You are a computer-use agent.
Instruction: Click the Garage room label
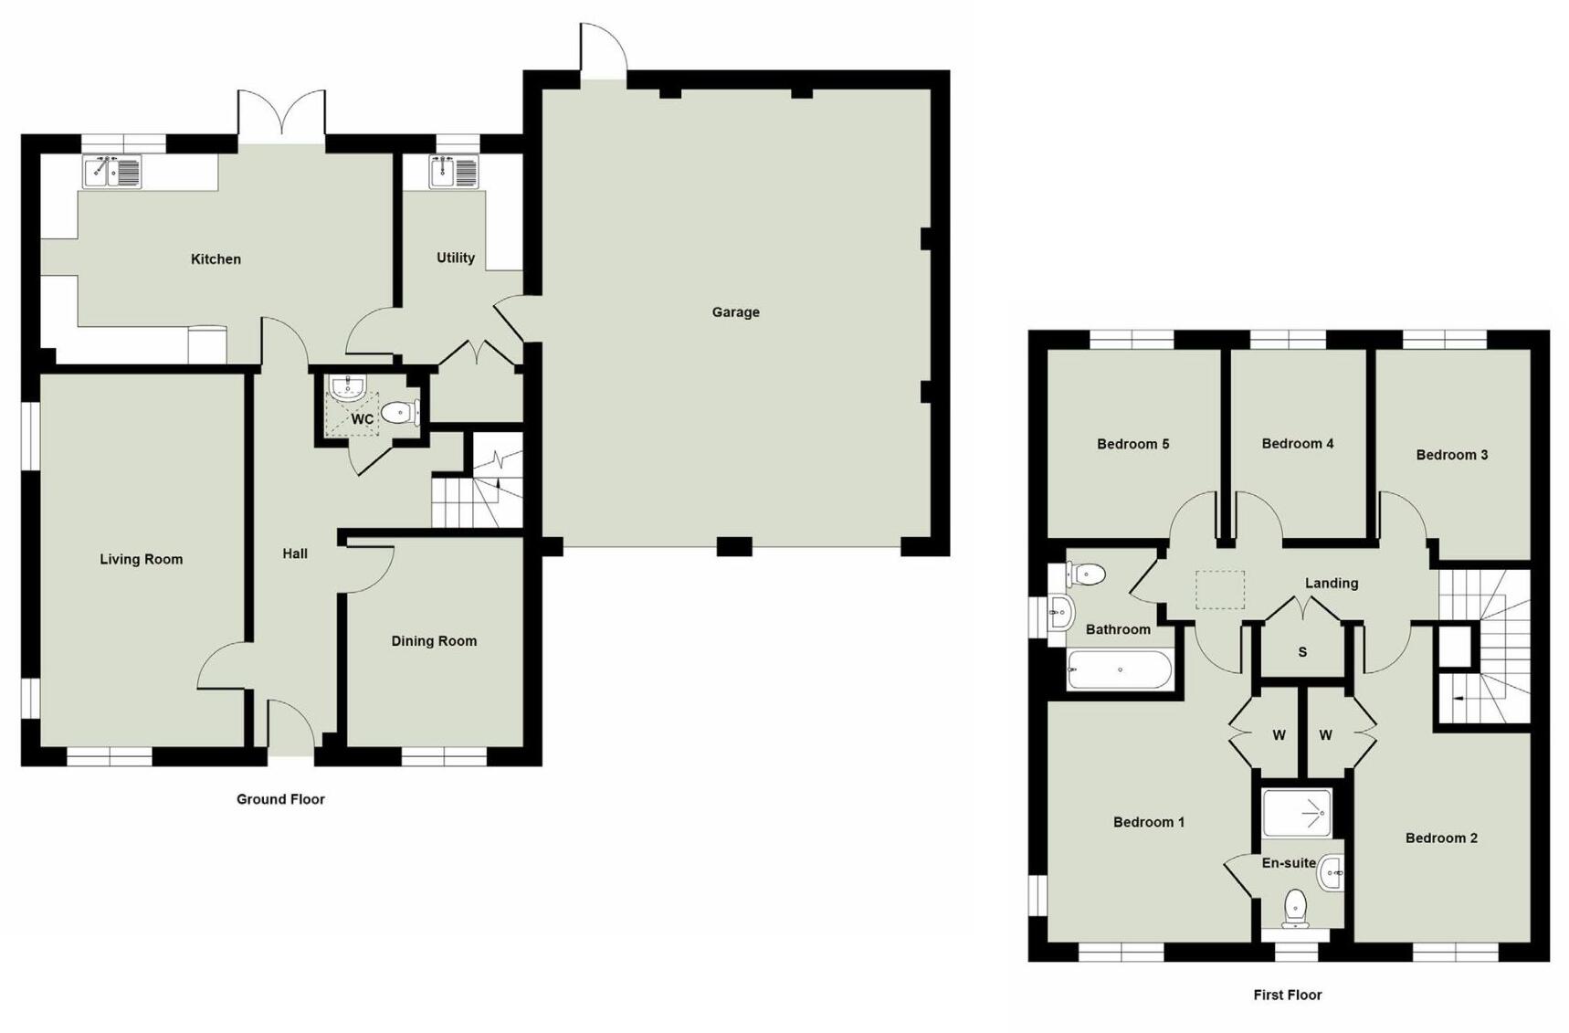735,312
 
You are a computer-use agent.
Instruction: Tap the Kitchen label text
216,259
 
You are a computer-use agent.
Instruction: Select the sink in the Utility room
454,172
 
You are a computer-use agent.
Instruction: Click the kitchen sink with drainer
112,172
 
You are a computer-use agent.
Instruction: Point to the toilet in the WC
399,413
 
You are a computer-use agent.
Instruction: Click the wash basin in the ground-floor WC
348,389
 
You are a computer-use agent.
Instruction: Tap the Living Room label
141,559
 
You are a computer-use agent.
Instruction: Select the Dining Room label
434,641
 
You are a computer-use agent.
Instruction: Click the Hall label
294,553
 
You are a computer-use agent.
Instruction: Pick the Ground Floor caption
280,799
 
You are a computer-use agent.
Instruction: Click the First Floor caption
1287,995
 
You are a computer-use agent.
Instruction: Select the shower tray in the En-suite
1297,812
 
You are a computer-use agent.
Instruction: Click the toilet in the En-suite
1295,907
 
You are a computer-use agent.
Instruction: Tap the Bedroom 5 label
1132,445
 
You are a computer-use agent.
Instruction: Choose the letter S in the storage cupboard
1302,652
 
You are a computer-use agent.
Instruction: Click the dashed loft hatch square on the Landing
1220,590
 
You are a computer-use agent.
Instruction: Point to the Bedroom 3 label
1451,455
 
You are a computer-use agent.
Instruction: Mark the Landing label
1331,583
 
